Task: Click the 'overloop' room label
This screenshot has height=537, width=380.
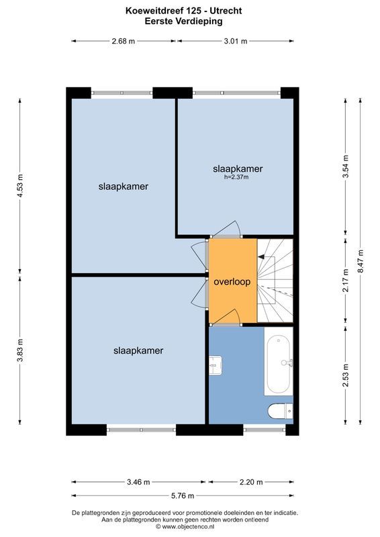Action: coord(232,282)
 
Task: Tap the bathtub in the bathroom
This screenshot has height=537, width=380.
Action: coord(278,362)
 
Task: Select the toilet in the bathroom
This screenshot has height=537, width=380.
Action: coord(279,410)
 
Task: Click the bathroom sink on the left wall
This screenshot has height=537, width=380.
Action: coord(216,365)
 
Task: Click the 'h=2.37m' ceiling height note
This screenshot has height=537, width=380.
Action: coord(236,177)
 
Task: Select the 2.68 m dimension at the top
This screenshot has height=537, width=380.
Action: coord(123,41)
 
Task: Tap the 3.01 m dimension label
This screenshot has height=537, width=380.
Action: coord(235,41)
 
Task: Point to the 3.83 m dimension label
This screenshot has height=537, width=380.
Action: coord(20,349)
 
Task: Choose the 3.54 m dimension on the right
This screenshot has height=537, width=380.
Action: coord(345,168)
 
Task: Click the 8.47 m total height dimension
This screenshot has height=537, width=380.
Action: coord(361,262)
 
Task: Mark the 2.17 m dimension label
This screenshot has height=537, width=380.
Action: coord(345,281)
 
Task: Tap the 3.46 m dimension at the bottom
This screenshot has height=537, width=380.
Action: coord(138,481)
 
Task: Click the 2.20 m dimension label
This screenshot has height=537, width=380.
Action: coord(250,481)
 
